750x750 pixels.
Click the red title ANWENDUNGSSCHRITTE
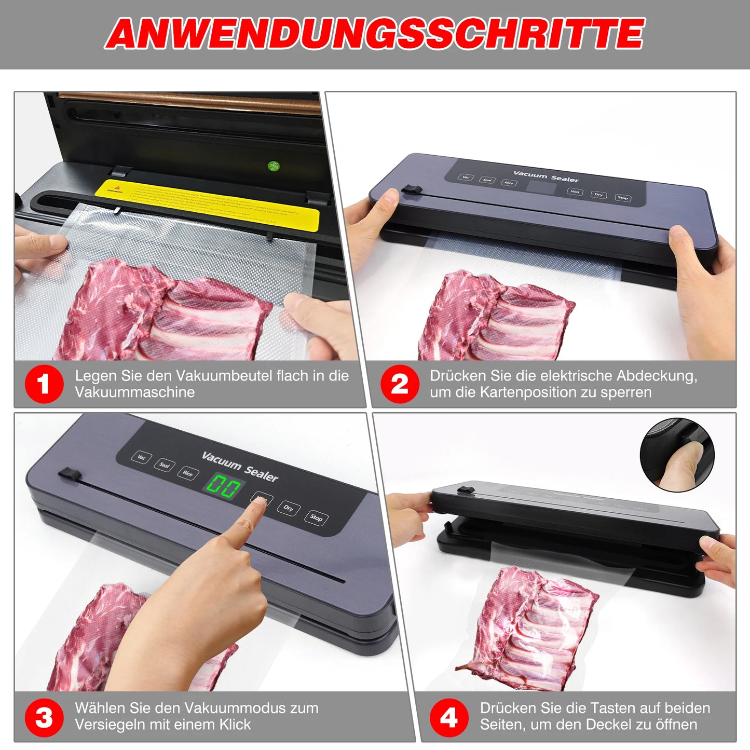(375, 34)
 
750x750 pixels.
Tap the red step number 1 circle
(44, 384)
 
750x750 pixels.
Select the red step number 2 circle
(400, 384)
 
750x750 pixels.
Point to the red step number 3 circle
(44, 718)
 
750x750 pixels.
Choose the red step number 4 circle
(449, 718)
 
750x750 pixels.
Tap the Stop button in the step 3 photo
(316, 517)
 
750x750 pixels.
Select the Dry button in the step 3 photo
(288, 508)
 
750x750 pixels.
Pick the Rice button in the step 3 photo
(187, 473)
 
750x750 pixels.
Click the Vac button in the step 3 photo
(141, 457)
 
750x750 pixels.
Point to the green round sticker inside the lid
(274, 166)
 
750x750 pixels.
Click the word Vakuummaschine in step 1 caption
(134, 392)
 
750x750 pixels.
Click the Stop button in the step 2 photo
(623, 198)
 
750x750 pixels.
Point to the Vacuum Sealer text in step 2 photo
(546, 176)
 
